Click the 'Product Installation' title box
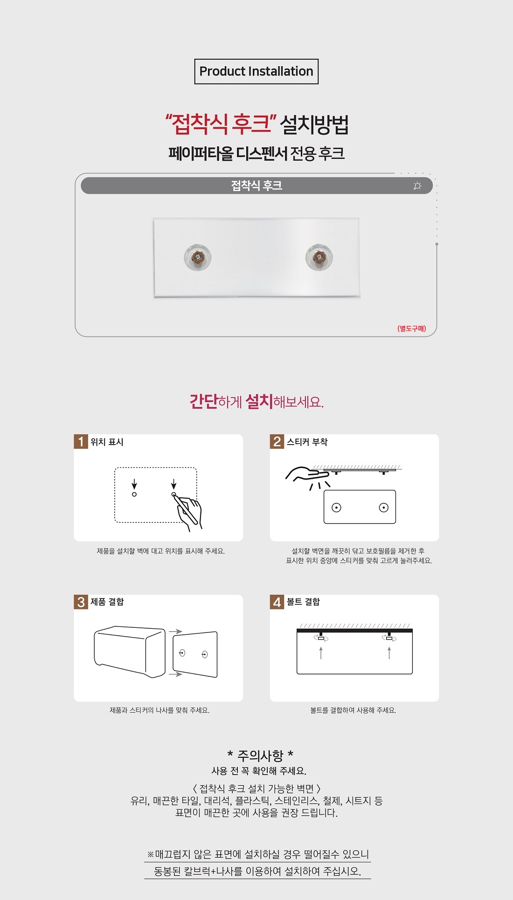click(256, 71)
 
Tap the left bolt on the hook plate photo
click(198, 257)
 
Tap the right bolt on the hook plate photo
click(319, 257)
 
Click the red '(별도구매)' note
click(411, 329)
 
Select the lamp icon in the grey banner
click(417, 186)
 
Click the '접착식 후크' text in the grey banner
click(256, 185)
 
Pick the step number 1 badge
click(81, 441)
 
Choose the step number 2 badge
click(277, 441)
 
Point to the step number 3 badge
click(81, 602)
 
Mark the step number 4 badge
click(277, 602)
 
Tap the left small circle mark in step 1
click(134, 494)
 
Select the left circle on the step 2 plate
click(336, 508)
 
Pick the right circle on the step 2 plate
click(384, 508)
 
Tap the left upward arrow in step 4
click(321, 653)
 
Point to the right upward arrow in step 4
click(389, 653)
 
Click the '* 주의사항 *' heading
click(260, 755)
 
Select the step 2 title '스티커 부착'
click(307, 442)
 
